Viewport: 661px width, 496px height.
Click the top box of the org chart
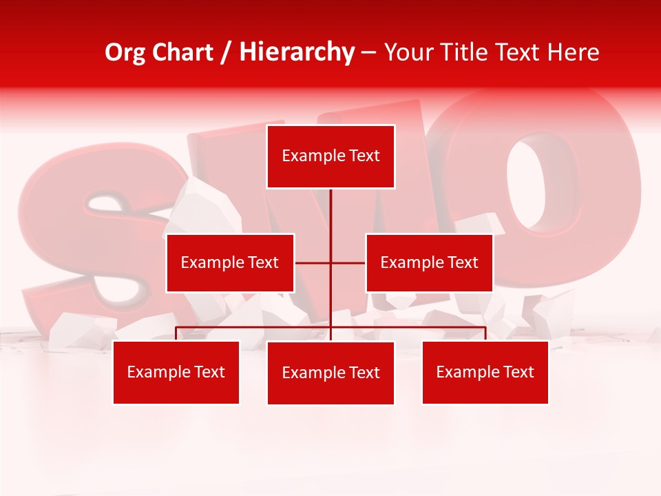pos(330,156)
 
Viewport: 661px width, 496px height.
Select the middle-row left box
pos(230,262)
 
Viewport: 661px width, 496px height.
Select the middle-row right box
pos(429,262)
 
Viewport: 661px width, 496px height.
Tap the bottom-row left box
pos(176,372)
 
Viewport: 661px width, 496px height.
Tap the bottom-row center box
pos(330,373)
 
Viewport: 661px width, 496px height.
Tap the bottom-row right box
pos(485,372)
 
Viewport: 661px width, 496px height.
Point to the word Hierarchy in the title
pos(297,52)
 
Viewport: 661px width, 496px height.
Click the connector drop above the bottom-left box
pos(176,334)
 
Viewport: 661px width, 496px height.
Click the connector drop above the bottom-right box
pos(485,334)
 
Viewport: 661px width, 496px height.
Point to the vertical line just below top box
pos(331,207)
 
